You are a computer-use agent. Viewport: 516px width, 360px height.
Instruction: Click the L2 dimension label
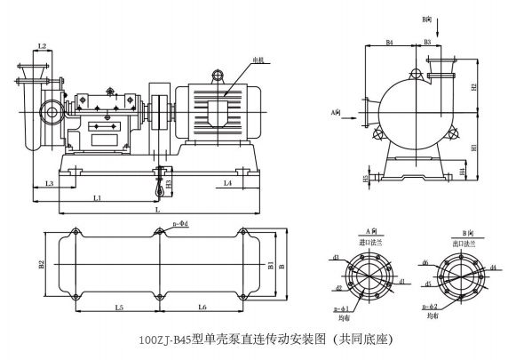pyautogui.click(x=43, y=45)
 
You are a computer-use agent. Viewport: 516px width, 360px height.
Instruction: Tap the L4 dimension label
pyautogui.click(x=228, y=183)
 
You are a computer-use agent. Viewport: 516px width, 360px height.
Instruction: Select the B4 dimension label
pyautogui.click(x=390, y=42)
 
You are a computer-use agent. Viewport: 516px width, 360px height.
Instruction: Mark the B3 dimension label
pyautogui.click(x=427, y=42)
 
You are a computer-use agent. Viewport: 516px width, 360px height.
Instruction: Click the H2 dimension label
pyautogui.click(x=475, y=87)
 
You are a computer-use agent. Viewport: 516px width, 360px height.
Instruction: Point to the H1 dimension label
pyautogui.click(x=475, y=147)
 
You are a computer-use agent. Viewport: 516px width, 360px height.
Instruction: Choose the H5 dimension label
pyautogui.click(x=366, y=178)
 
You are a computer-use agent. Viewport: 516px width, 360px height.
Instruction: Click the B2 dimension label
pyautogui.click(x=41, y=264)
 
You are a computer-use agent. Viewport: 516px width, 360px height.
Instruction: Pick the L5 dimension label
pyautogui.click(x=119, y=307)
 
